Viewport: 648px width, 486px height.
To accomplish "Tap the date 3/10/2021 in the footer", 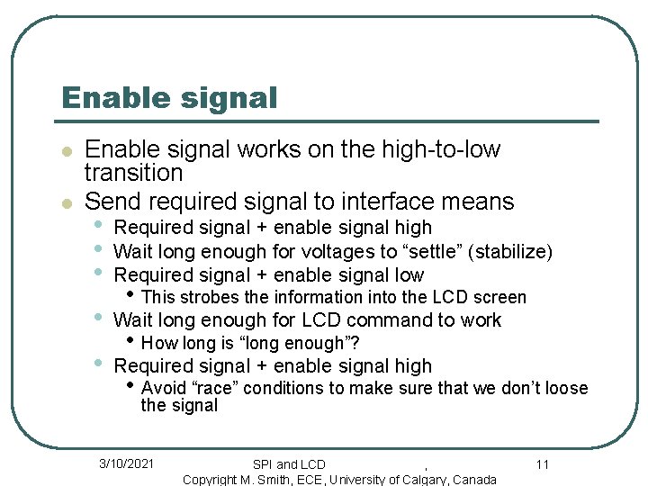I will tap(126, 463).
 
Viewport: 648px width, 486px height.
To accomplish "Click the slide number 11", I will tap(542, 464).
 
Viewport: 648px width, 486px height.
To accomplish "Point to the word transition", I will tap(133, 172).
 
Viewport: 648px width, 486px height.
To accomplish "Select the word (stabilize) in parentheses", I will tap(514, 252).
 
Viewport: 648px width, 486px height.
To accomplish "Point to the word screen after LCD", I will tap(502, 297).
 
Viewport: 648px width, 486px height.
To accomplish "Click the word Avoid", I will tap(164, 389).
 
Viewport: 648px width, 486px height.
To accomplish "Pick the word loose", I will tap(566, 389).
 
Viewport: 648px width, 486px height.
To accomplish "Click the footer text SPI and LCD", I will tap(289, 464).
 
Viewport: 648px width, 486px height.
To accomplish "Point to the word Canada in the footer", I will tap(474, 480).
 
